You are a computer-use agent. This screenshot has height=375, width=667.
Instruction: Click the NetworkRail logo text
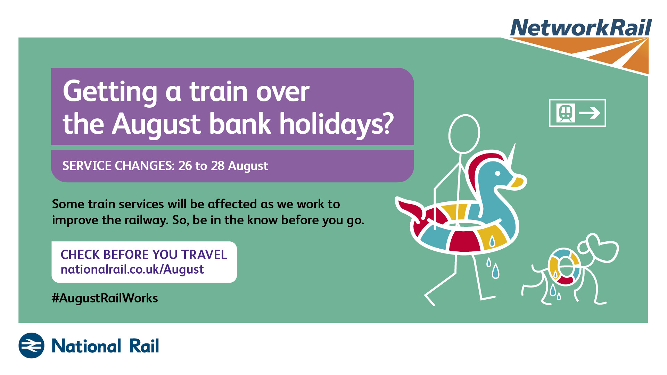click(x=581, y=27)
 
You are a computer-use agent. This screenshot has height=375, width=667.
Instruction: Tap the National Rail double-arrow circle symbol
click(x=31, y=345)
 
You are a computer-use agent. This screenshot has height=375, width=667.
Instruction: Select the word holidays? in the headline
click(x=337, y=124)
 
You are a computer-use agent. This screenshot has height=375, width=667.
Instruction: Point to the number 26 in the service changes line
click(x=185, y=166)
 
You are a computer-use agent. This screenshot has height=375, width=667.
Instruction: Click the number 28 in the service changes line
click(x=218, y=166)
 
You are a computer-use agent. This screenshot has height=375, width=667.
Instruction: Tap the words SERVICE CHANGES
click(x=118, y=166)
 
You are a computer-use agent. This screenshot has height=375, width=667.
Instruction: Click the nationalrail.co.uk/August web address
click(x=132, y=270)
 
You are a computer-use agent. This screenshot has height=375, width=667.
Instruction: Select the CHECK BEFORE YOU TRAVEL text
click(x=144, y=255)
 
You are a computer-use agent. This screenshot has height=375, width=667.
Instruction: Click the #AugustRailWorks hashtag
click(x=105, y=298)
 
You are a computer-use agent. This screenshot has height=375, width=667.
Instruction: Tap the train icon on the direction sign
click(x=566, y=113)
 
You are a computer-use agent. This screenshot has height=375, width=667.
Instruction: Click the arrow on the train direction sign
click(x=590, y=113)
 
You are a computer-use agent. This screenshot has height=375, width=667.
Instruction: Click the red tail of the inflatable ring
click(x=410, y=208)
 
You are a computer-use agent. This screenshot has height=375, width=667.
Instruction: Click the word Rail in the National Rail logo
click(x=144, y=346)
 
